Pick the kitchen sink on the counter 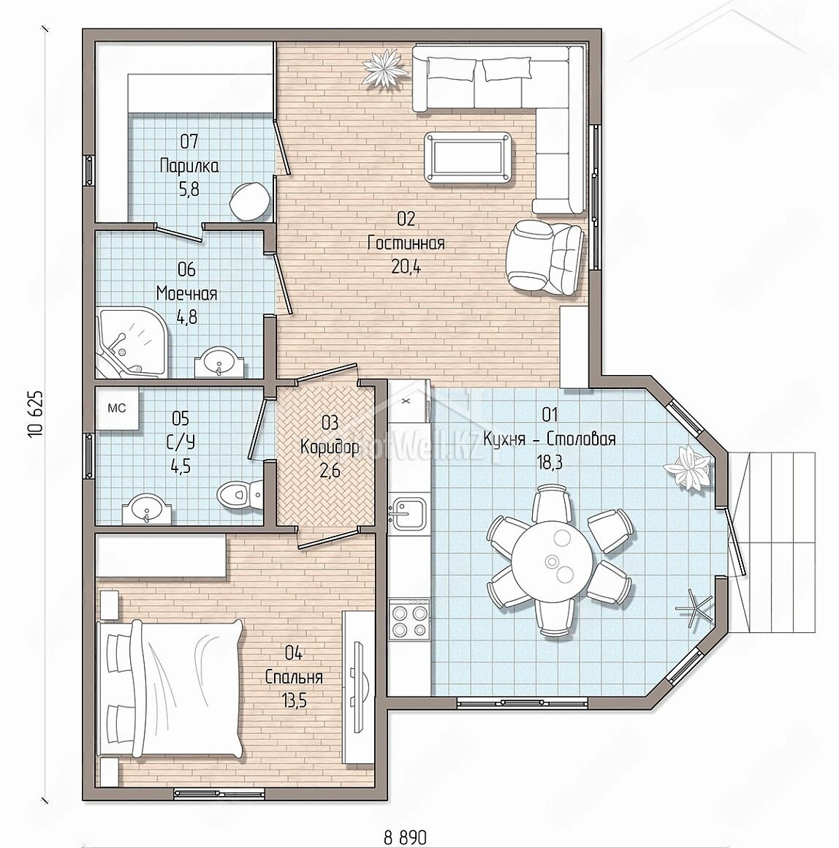tap(409, 512)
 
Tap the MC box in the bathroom tap(118, 409)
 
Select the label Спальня tap(294, 677)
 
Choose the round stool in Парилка tap(250, 200)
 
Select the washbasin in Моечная tap(219, 361)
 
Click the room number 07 tap(189, 142)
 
